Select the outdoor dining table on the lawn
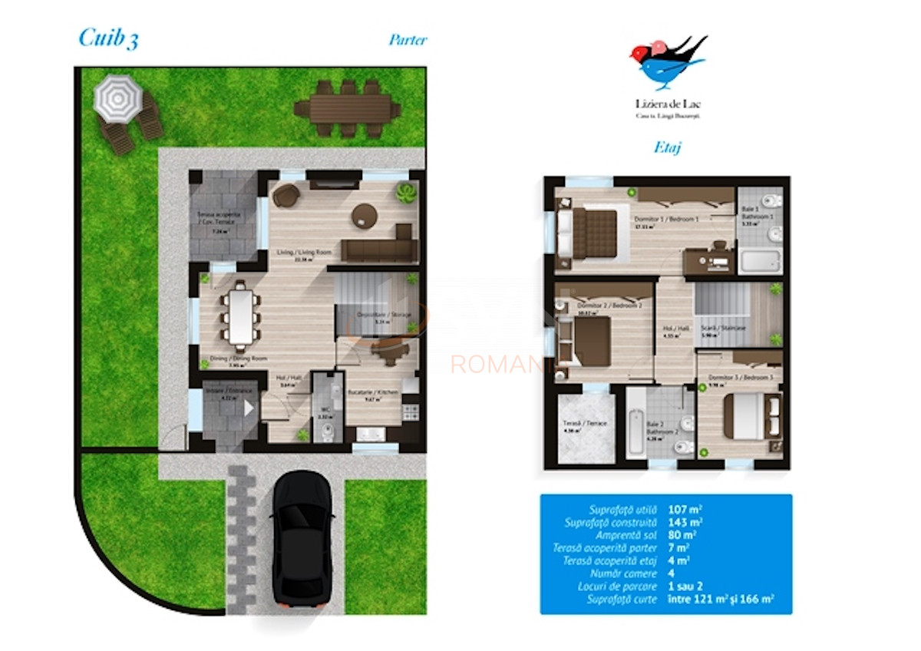point(348,107)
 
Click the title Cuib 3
point(109,39)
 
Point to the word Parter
point(408,40)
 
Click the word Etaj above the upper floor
point(667,147)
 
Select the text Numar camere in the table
point(624,573)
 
